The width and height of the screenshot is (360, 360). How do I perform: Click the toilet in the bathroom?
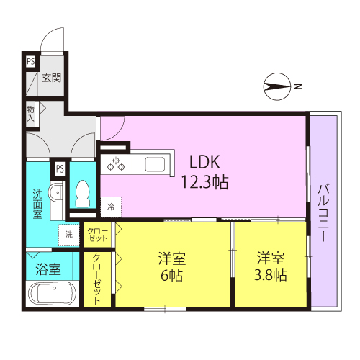(83, 194)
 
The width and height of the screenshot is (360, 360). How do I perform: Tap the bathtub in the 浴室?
(52, 293)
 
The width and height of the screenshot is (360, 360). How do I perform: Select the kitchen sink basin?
(155, 164)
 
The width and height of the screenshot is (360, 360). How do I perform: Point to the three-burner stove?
(116, 164)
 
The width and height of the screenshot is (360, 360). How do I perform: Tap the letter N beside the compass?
(298, 86)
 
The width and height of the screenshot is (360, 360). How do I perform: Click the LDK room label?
(204, 162)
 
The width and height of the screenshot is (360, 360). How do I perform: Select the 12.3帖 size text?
(204, 182)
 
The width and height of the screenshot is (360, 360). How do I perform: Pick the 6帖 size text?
(171, 275)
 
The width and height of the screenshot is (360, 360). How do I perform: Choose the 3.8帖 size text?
(271, 275)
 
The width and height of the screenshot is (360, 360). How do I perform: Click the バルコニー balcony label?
(323, 212)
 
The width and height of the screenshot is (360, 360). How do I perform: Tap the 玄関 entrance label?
(52, 78)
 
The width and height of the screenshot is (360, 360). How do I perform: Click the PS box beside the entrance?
(31, 62)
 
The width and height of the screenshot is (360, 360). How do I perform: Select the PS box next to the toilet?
(60, 168)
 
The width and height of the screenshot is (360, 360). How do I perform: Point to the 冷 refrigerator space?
(111, 207)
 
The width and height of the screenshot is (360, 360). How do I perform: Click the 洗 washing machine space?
(69, 235)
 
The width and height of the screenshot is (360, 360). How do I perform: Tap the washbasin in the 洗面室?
(57, 192)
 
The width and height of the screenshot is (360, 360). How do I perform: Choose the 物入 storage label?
(30, 114)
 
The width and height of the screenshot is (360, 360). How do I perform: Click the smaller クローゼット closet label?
(97, 235)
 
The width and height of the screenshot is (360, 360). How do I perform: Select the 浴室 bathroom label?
(48, 269)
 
